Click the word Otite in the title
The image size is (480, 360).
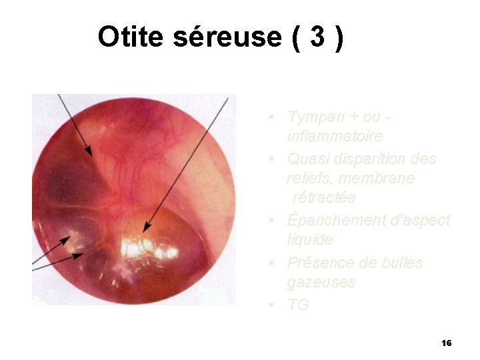tap(131, 37)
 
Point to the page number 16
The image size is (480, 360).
tap(447, 343)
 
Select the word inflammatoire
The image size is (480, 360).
tap(335, 137)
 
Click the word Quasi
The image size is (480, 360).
tap(305, 159)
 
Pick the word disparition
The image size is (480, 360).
tap(365, 159)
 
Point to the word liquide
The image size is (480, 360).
tap(310, 239)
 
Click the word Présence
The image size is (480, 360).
tap(317, 263)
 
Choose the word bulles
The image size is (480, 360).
tap(403, 263)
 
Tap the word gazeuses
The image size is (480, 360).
tap(321, 283)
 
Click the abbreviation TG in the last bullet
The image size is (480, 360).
tap(298, 305)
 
